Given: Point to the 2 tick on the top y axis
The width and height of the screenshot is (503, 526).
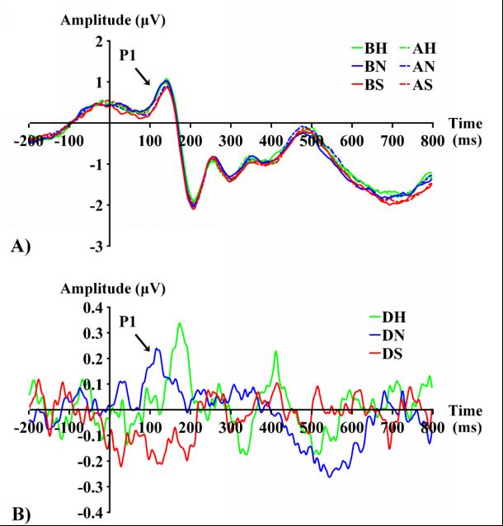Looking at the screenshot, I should (x=99, y=41).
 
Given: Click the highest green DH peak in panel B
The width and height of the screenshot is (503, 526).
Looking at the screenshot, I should (x=179, y=323).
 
